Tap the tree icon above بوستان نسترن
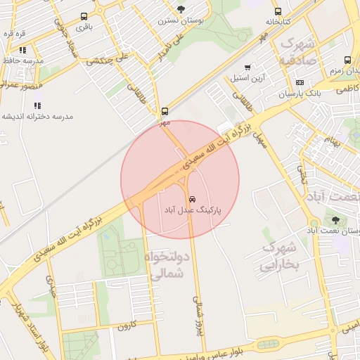click(181, 9)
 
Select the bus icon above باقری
click(84, 16)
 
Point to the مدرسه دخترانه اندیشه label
click(37, 116)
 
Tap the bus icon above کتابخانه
click(278, 11)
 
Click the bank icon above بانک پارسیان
click(300, 82)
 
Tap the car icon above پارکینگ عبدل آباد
click(192, 198)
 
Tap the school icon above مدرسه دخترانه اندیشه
click(37, 105)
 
